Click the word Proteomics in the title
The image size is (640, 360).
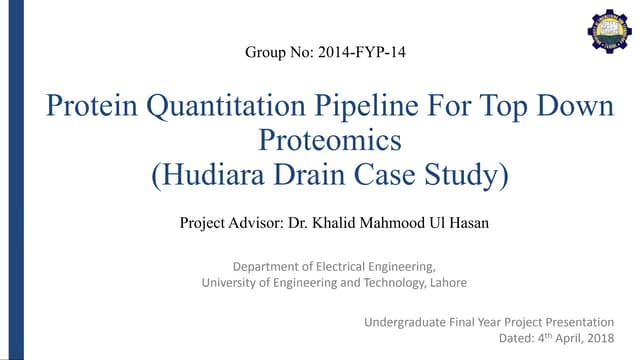pos(330,140)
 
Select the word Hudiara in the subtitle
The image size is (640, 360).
pos(211,176)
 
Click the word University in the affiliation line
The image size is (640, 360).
pos(230,283)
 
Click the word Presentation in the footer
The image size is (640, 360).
pos(579,322)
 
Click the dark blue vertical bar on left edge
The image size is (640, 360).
pos(5,180)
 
